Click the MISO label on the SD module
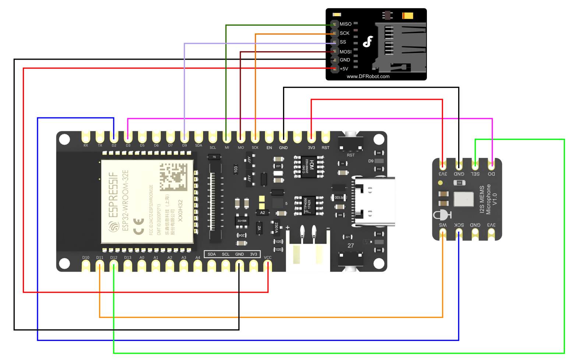tap(345, 24)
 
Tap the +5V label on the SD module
tap(344, 69)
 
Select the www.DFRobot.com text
tap(368, 77)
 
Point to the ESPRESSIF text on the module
tap(114, 195)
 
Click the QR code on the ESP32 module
tap(173, 177)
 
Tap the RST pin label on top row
tap(325, 148)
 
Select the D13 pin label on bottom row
tap(128, 258)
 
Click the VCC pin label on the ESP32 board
tap(268, 258)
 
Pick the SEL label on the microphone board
tap(475, 174)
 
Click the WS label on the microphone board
tap(443, 225)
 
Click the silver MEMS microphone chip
tap(464, 199)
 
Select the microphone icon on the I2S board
tap(442, 215)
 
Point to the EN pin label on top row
tap(269, 148)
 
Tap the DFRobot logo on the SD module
tap(368, 42)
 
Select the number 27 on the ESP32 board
tap(351, 246)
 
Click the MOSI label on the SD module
tap(345, 52)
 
